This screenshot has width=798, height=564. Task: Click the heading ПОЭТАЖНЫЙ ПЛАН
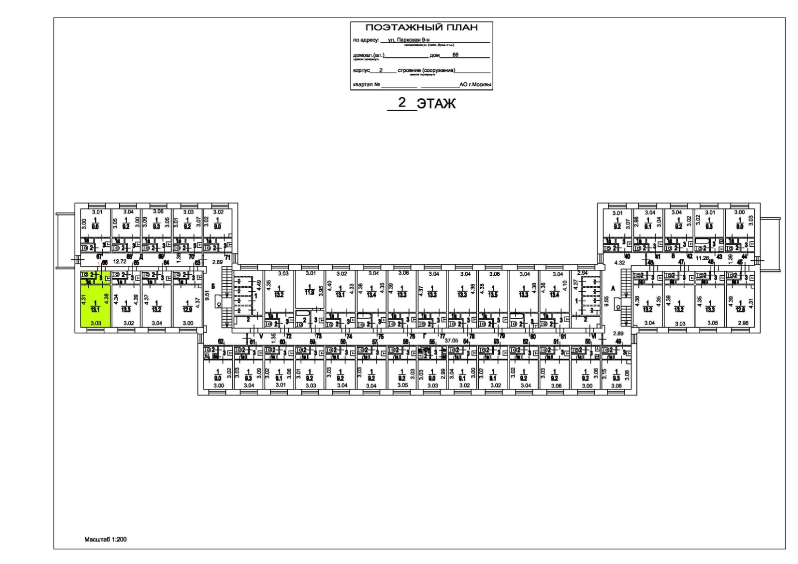(421, 27)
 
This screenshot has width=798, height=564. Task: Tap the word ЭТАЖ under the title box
(436, 104)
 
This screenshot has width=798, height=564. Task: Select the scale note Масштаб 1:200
(105, 539)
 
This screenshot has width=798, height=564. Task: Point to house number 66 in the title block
(455, 55)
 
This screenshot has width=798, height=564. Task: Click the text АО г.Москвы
(475, 84)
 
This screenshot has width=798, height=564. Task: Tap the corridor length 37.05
(451, 341)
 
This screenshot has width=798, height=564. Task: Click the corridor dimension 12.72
(119, 261)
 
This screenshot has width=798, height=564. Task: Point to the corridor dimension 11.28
(702, 258)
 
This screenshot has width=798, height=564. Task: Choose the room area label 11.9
(309, 292)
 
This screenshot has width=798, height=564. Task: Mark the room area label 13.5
(493, 295)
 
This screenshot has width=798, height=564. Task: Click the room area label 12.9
(187, 310)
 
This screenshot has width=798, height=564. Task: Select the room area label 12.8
(740, 309)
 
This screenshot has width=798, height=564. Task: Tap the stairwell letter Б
(213, 286)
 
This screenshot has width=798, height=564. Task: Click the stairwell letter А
(613, 288)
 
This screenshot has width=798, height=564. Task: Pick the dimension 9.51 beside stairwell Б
(206, 298)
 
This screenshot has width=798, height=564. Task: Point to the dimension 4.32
(619, 262)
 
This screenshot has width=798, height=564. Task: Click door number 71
(227, 258)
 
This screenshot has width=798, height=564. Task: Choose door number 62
(221, 342)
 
